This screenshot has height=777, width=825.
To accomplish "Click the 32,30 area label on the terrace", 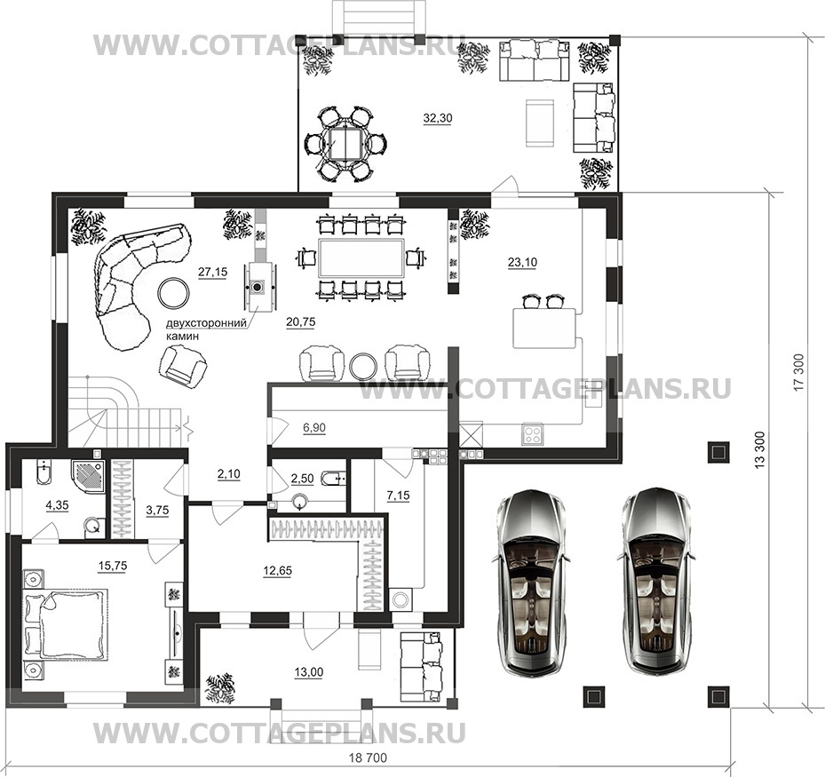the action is tap(438, 118).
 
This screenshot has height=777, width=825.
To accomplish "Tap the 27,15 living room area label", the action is tap(212, 272).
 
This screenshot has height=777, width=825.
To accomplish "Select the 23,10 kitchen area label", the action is tap(522, 262).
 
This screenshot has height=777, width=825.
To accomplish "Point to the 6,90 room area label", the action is tap(314, 428).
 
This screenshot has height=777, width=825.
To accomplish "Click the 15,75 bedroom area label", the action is tap(113, 566).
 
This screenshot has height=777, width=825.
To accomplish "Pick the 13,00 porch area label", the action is tap(309, 672).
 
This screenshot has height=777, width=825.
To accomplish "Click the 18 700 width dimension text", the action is tap(368, 757).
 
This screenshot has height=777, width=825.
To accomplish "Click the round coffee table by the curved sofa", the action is tap(174, 293).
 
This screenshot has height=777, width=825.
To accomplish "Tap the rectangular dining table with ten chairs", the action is tap(361, 258).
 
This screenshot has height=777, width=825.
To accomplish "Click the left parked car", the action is tap(531, 582).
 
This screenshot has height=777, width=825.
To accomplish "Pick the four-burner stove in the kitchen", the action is tap(534, 434).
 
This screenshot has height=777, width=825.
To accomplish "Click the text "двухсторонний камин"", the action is tap(206, 329).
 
